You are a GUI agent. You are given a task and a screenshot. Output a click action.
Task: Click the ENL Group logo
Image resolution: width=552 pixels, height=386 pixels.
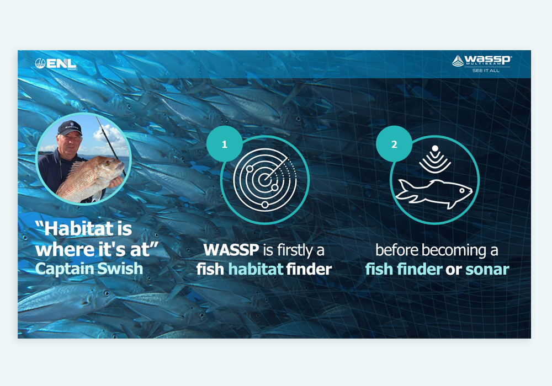coord(56,63)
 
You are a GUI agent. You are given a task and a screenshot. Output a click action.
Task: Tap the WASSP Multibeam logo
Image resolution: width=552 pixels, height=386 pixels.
coord(481,61)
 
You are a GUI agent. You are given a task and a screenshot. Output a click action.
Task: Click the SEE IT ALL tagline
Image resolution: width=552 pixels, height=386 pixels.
coord(485,71)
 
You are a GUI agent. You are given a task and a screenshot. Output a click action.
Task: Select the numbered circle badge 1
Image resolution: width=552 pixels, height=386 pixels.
coord(224,144)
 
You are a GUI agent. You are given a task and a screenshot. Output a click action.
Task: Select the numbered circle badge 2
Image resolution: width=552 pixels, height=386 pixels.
coord(394,144)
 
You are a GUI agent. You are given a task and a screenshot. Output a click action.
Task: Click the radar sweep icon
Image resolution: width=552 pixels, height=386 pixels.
coord(265,180)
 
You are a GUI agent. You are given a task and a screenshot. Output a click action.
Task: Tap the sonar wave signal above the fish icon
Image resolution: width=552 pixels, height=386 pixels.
coord(435,159)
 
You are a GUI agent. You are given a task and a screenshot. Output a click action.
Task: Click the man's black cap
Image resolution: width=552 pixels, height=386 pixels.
coord(70,128)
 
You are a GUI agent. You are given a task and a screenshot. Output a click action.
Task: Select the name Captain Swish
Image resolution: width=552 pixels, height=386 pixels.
coord(89,269)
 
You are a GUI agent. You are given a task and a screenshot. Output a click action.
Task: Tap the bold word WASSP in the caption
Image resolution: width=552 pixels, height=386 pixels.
coord(231,250)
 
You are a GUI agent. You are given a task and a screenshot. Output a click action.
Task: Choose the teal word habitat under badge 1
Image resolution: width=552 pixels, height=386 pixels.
coord(256,269)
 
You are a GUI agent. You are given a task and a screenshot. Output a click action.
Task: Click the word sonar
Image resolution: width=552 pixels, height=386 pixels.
coord(487,270)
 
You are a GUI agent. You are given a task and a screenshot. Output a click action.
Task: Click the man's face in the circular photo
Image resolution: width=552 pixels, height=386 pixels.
coord(70,143)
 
